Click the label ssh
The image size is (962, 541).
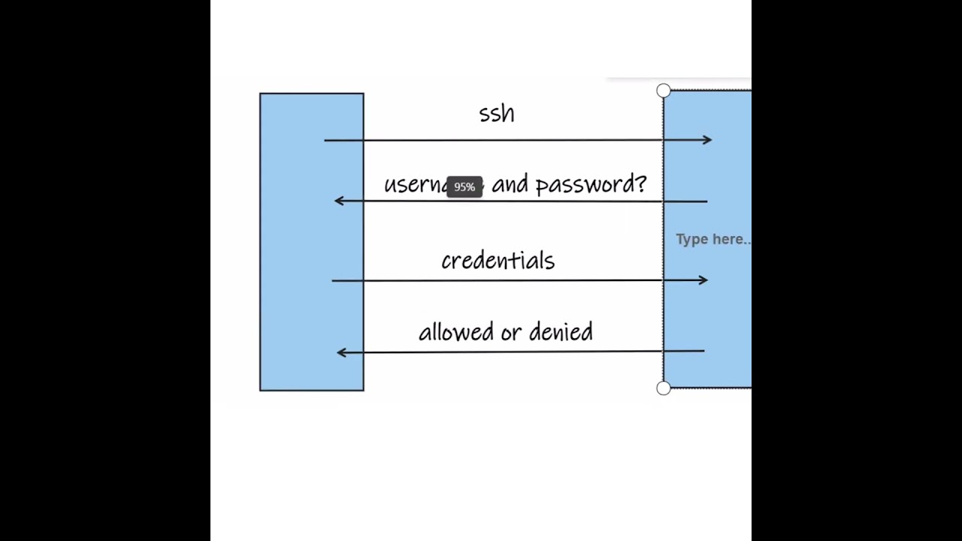[497, 113]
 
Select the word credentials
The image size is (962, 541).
[498, 261]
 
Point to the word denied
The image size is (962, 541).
[561, 331]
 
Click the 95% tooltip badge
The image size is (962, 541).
[464, 187]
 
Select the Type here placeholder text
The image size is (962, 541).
[712, 239]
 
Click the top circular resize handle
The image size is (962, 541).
[663, 91]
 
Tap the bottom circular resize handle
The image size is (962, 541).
[663, 388]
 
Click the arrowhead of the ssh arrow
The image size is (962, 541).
[707, 140]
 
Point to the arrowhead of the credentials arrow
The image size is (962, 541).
[703, 280]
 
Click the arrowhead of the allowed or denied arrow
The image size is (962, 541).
[341, 352]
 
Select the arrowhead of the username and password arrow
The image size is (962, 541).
[339, 201]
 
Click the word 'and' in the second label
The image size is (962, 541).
[510, 185]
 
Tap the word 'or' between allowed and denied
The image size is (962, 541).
[511, 332]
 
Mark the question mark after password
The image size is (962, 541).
[641, 185]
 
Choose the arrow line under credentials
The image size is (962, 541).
[496, 280]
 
